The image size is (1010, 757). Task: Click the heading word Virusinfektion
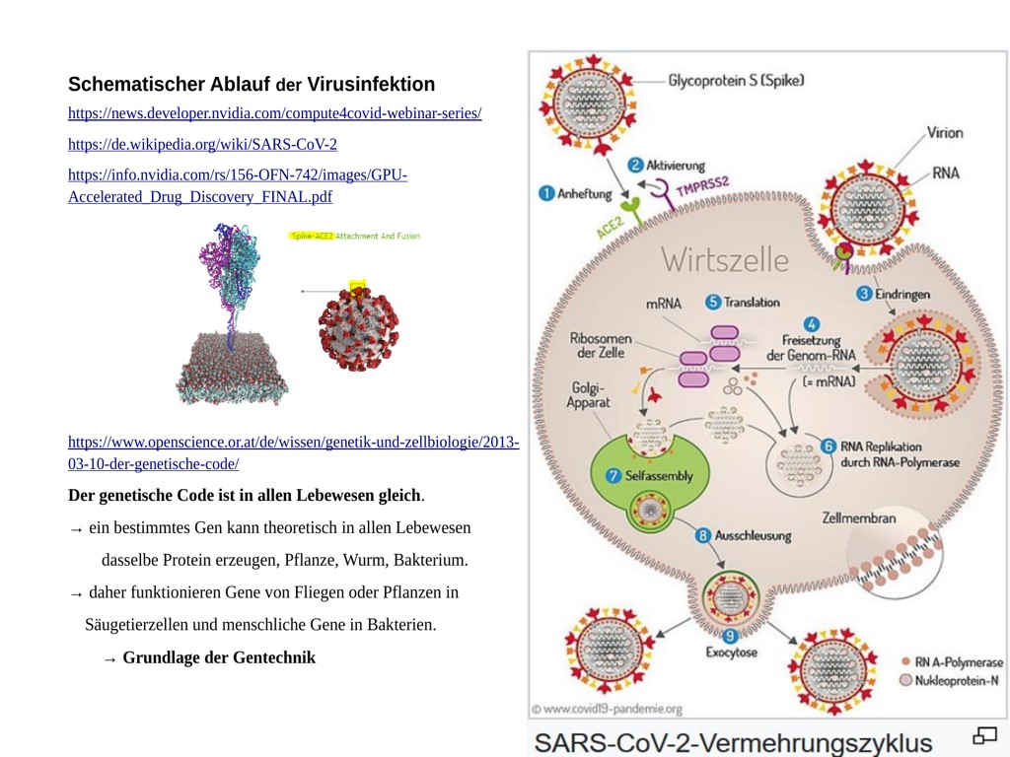click(x=371, y=84)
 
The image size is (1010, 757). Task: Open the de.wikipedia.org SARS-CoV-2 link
click(x=202, y=144)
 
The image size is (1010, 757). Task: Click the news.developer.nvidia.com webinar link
click(x=274, y=113)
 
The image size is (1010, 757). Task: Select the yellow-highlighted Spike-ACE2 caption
click(x=312, y=237)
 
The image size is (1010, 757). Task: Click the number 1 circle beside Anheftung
click(x=545, y=194)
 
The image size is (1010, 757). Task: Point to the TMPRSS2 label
click(x=701, y=185)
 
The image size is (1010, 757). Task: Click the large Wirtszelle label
click(x=725, y=260)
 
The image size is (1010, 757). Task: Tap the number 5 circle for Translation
click(x=712, y=302)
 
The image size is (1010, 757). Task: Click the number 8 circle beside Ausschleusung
click(x=703, y=536)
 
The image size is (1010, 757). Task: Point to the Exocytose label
click(x=731, y=653)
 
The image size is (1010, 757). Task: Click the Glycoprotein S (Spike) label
click(x=736, y=80)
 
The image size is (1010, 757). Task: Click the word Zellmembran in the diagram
click(x=858, y=518)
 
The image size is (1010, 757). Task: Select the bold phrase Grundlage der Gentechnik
click(x=219, y=657)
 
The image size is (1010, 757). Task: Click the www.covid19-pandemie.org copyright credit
click(x=607, y=708)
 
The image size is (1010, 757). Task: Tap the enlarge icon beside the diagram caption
click(x=984, y=735)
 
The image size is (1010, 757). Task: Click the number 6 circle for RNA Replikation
click(x=829, y=446)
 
